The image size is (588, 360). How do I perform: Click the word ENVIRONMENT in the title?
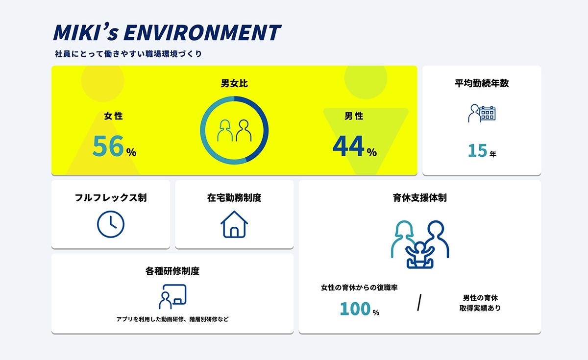202,32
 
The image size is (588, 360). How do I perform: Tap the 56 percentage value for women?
108,146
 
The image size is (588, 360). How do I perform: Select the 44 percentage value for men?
348,146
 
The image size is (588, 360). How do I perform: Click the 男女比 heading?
234,83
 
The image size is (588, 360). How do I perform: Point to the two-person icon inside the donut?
234,130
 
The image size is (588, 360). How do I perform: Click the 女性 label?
113,116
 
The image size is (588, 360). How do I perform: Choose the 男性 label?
354,116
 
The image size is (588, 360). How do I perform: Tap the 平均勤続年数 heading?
482,83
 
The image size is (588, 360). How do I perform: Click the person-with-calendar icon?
482,113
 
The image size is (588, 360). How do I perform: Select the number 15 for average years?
477,150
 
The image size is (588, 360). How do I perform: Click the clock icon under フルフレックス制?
111,224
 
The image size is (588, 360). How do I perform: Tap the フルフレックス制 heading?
111,197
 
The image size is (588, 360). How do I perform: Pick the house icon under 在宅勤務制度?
234,224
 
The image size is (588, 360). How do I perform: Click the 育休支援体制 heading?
420,197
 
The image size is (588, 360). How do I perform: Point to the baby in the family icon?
420,255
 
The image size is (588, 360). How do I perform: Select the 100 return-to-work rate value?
355,309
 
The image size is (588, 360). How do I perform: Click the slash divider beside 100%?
419,302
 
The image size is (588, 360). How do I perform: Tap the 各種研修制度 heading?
172,271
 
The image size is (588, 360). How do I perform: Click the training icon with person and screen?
172,296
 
